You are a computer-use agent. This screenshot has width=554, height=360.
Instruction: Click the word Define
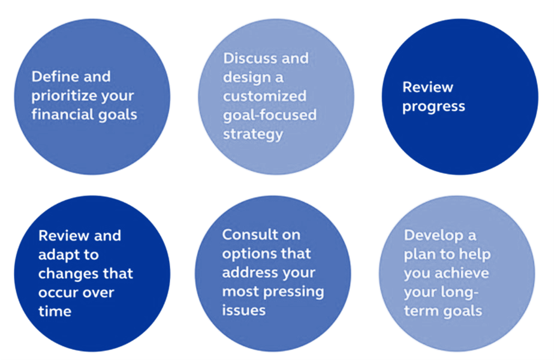53,77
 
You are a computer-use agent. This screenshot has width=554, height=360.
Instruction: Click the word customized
264,96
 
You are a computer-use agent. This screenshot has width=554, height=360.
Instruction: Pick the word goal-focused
270,116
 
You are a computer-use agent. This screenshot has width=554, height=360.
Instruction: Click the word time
55,311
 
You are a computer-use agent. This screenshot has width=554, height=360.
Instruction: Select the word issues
244,310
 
